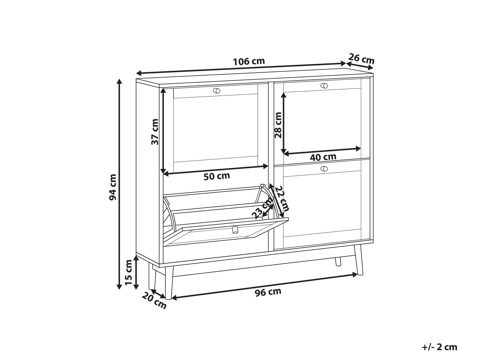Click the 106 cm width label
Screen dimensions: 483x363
(249, 62)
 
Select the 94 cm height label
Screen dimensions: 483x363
(113, 187)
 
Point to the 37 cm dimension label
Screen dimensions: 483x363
(155, 132)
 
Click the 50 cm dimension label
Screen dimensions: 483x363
(217, 176)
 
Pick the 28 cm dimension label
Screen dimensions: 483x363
(278, 125)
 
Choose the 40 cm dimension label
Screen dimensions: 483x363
(323, 157)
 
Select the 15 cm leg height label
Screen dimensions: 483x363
(129, 272)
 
